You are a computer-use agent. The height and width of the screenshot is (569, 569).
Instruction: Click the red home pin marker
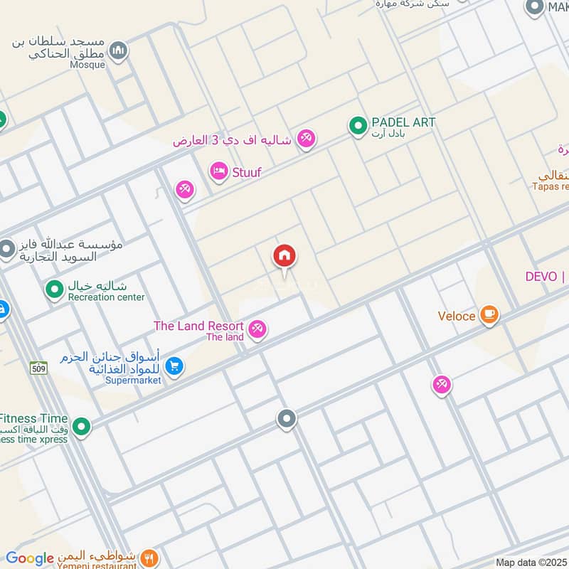click(x=284, y=256)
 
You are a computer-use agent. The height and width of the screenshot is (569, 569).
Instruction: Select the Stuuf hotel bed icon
click(x=218, y=171)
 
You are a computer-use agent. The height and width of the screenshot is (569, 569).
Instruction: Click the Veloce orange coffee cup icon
click(x=489, y=314)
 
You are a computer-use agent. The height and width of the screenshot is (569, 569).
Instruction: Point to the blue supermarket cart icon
click(x=174, y=366)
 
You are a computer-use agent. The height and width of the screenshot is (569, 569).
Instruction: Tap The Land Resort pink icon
click(x=258, y=329)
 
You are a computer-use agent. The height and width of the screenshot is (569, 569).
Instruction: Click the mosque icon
click(x=119, y=50)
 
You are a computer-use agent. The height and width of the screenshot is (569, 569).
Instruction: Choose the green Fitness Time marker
click(x=82, y=427)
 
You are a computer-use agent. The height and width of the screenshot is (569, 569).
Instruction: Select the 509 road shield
click(x=38, y=368)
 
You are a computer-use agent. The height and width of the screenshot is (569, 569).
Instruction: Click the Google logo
click(x=30, y=558)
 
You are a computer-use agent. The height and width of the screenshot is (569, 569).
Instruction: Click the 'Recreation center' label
click(x=106, y=297)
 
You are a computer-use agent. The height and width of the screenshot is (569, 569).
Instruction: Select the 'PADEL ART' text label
click(x=403, y=122)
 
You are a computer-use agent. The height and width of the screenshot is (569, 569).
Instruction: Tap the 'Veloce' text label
click(x=456, y=316)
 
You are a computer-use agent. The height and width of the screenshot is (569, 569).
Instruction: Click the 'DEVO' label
click(x=541, y=277)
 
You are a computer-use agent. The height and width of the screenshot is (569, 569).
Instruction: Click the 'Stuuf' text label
click(x=246, y=172)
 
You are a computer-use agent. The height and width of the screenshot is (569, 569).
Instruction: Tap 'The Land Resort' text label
click(x=199, y=326)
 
